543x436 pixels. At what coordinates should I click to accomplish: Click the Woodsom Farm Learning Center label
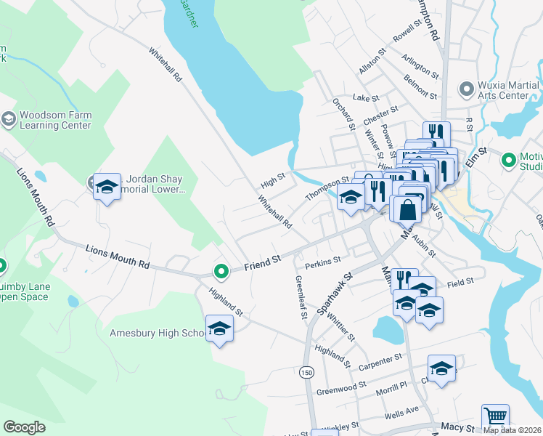(x=54, y=120)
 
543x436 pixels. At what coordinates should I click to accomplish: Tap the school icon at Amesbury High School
(x=219, y=329)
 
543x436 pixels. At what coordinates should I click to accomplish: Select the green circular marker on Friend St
(x=221, y=272)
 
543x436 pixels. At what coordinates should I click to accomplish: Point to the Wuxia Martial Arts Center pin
(x=466, y=89)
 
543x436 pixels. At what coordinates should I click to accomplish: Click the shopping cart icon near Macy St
(x=494, y=417)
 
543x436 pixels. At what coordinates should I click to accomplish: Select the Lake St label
(x=366, y=97)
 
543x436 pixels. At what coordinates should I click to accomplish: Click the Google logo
(x=24, y=427)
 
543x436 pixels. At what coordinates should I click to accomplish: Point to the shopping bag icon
(x=408, y=210)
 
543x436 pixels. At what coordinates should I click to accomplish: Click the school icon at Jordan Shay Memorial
(x=107, y=187)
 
